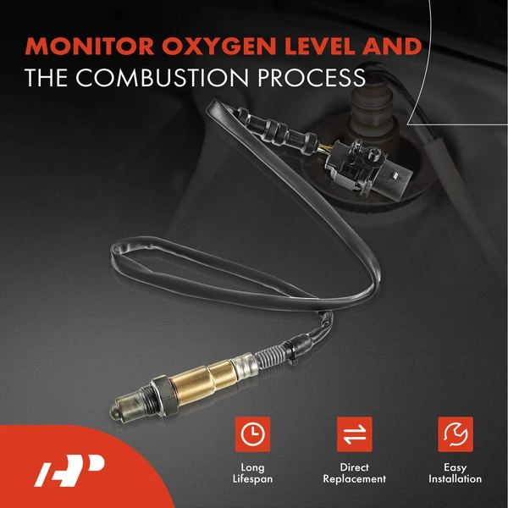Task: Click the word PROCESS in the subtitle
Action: click(x=304, y=78)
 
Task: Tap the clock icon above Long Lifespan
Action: click(x=251, y=434)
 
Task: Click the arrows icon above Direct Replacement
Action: click(x=355, y=434)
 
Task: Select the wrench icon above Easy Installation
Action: click(x=456, y=434)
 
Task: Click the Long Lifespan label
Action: click(x=251, y=472)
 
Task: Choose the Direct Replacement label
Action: click(x=355, y=472)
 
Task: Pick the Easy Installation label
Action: click(x=456, y=472)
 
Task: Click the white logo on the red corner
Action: click(x=68, y=470)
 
